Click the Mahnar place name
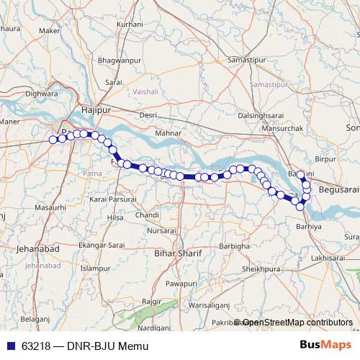(x=168, y=134)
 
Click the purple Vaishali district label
(x=145, y=93)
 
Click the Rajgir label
(x=150, y=300)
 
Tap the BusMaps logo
(x=326, y=346)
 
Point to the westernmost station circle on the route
(x=53, y=140)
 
